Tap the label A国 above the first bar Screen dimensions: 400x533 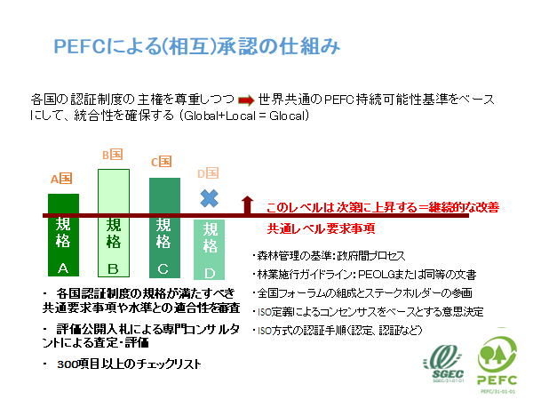(60, 178)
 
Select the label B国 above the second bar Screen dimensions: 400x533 (112, 155)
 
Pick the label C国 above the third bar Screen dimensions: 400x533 (161, 162)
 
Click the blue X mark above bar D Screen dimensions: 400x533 (209, 197)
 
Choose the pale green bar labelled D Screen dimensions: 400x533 (210, 249)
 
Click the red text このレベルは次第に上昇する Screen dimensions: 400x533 (337, 208)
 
